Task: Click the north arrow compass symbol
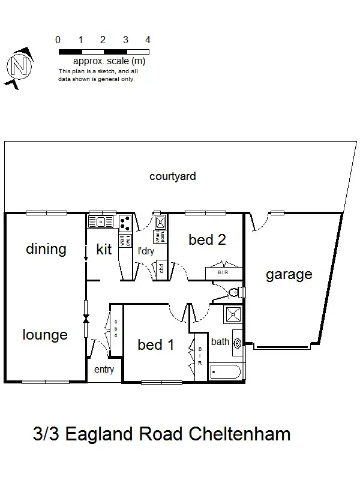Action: (19, 65)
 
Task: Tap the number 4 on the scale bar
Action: (148, 40)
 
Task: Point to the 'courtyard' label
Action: (173, 176)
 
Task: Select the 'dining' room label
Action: (46, 249)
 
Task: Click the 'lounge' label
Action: (45, 335)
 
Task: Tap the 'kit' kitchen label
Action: (104, 250)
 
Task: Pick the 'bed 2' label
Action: (207, 240)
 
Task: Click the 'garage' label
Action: (289, 275)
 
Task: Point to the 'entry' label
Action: (104, 370)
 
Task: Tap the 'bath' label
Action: (220, 342)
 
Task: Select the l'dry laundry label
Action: (146, 251)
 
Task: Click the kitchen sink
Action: (101, 223)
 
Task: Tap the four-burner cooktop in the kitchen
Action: (125, 223)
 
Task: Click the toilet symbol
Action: (236, 292)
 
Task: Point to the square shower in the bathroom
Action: (232, 314)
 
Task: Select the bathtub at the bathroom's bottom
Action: (226, 371)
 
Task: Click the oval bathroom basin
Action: (237, 344)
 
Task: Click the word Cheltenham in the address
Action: (238, 433)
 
